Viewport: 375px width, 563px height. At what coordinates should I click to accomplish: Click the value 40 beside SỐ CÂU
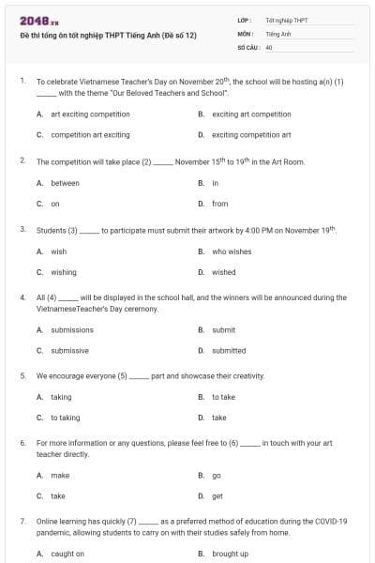click(x=269, y=46)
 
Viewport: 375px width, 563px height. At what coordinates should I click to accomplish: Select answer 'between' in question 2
click(x=65, y=183)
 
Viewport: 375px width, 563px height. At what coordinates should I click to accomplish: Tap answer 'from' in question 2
click(x=220, y=204)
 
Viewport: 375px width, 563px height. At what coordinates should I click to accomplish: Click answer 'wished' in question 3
click(x=224, y=272)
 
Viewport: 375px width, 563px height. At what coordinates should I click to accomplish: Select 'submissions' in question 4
click(x=72, y=330)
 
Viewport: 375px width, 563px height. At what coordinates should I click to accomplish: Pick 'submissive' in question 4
click(x=70, y=351)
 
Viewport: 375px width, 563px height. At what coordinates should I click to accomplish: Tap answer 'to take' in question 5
click(x=223, y=397)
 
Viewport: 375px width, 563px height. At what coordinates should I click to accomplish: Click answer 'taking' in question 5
click(x=61, y=397)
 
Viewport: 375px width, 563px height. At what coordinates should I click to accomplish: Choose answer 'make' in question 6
click(x=60, y=476)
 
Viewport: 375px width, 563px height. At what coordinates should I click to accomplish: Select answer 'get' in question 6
click(x=217, y=496)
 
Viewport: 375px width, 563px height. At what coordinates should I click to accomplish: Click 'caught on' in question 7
click(x=67, y=554)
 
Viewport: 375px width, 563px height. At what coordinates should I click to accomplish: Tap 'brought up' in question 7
click(x=230, y=554)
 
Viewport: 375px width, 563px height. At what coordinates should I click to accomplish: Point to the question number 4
click(x=22, y=297)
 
